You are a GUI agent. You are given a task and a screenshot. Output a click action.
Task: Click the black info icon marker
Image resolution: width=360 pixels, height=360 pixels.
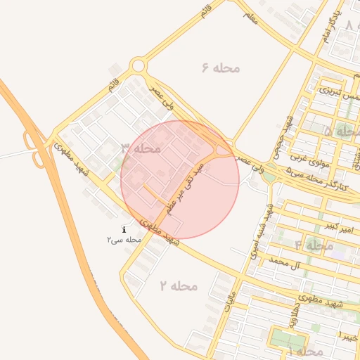[x=124, y=229]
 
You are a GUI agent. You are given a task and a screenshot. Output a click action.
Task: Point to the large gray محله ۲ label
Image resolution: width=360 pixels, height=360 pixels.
[x=179, y=286]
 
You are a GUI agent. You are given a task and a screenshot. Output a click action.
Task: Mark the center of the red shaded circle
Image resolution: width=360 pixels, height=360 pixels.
[x=180, y=179]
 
